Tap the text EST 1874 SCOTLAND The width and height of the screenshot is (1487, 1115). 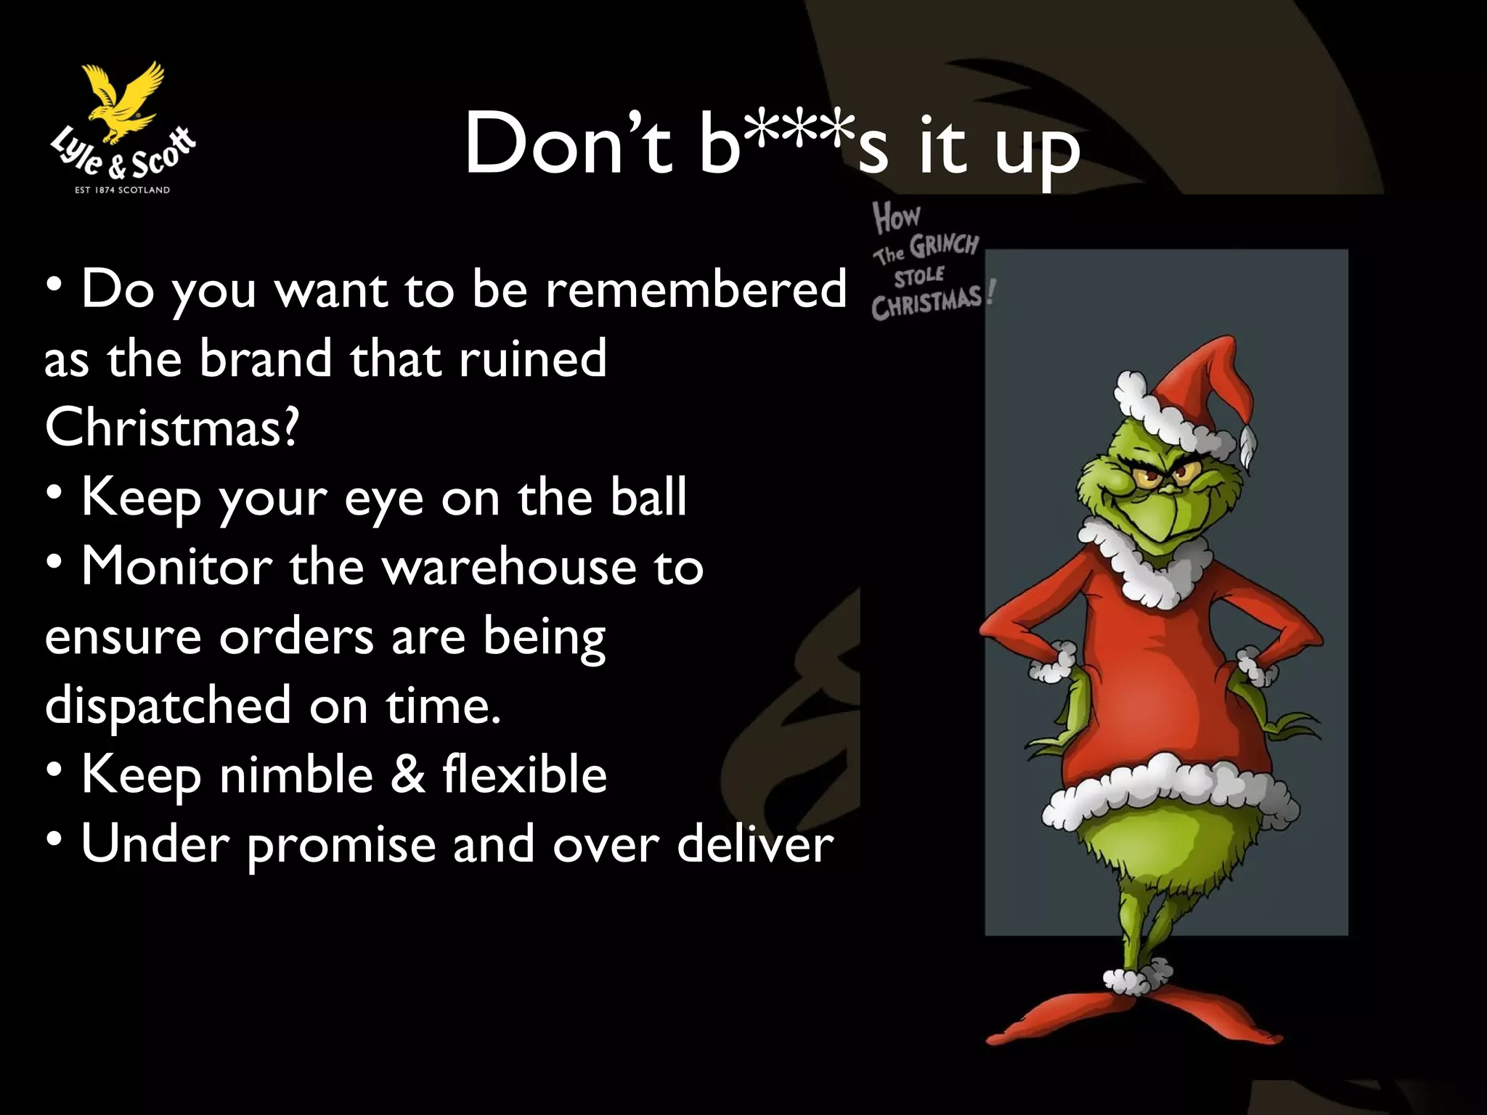point(123,190)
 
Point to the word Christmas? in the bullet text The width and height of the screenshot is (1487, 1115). point(171,427)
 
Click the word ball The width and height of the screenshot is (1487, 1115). point(648,497)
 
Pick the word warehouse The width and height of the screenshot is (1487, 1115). point(508,567)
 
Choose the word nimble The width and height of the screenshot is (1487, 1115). point(296,775)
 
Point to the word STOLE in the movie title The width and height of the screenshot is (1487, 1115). point(919,276)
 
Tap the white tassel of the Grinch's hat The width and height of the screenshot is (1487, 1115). point(1248,446)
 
